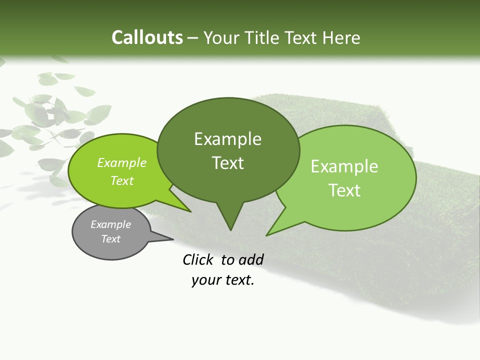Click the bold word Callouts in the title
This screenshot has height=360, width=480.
(x=147, y=37)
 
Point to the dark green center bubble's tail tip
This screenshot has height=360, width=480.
(x=230, y=229)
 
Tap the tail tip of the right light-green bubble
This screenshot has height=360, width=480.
(x=267, y=234)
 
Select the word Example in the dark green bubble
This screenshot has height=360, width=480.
(x=227, y=139)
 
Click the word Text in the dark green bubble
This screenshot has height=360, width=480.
(x=227, y=163)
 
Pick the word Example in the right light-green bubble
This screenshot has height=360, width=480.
(x=344, y=166)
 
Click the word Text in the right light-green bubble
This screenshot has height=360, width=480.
(x=344, y=190)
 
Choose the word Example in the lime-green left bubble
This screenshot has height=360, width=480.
(x=121, y=162)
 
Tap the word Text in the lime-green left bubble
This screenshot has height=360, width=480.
(x=121, y=180)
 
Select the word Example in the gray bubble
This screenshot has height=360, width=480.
(x=110, y=224)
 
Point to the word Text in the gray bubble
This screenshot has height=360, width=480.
(x=110, y=239)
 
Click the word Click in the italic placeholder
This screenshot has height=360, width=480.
(x=199, y=259)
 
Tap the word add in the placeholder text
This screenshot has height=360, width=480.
(x=251, y=259)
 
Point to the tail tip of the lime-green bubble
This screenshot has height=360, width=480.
(x=190, y=211)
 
